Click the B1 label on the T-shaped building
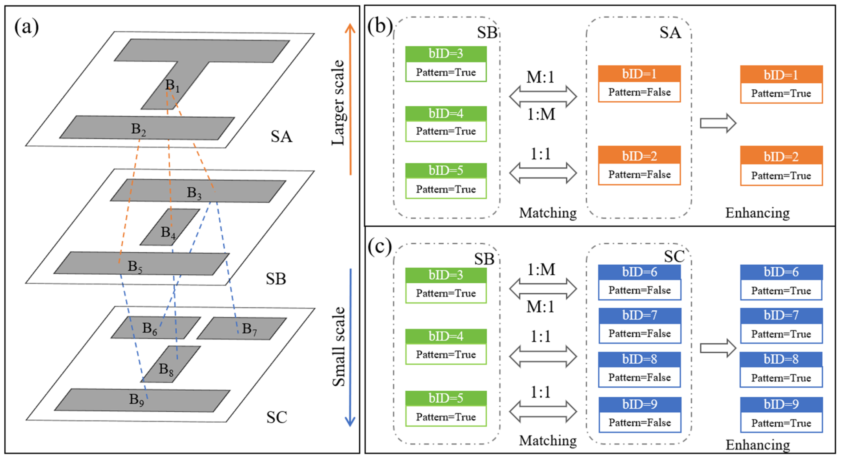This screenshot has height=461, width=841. point(172,86)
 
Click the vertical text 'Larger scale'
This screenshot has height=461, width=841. point(338,103)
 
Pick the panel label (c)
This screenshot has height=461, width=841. point(379,247)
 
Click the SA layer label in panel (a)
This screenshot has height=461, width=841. point(281,137)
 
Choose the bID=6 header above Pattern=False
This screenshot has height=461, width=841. point(639,272)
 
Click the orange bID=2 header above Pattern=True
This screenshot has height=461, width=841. point(781,157)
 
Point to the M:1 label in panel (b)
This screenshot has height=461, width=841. point(540,77)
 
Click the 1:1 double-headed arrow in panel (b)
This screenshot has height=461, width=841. point(543,173)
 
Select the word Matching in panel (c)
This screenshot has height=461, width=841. point(548,440)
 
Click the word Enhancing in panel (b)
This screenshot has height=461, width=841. point(758,213)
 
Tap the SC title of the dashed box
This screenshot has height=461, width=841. point(674,256)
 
